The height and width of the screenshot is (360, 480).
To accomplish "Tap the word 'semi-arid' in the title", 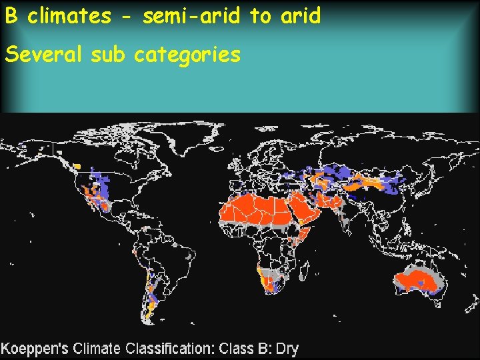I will coord(192,16).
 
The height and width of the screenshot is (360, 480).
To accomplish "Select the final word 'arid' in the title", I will coord(300,16).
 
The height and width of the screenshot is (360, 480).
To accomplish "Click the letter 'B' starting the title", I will coord(10,16).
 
